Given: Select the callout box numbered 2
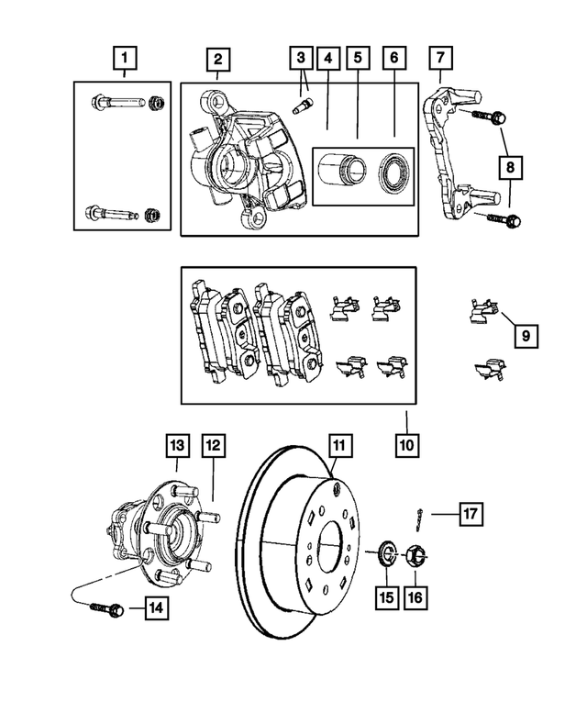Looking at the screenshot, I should [217, 61].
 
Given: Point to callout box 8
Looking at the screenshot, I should [510, 167].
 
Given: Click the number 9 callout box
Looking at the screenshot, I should [526, 337].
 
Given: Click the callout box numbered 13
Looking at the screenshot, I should [177, 446].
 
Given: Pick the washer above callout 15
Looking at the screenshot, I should [385, 553].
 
